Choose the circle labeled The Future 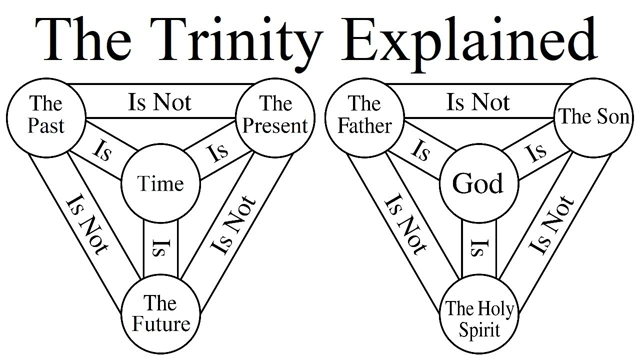[161, 313]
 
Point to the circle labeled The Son [592, 116]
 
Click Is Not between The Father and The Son [478, 100]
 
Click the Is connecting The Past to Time [101, 153]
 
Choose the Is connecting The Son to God [536, 154]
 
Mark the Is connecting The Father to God [421, 153]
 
